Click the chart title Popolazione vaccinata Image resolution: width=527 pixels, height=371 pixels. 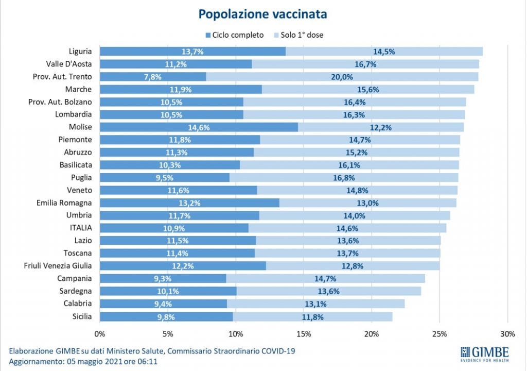262,14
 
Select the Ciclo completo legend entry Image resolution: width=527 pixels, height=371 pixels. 235,35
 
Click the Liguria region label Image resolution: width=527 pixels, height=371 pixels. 80,51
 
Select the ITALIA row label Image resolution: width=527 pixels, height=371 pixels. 79,228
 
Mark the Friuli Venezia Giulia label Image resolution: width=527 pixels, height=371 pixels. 58,266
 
